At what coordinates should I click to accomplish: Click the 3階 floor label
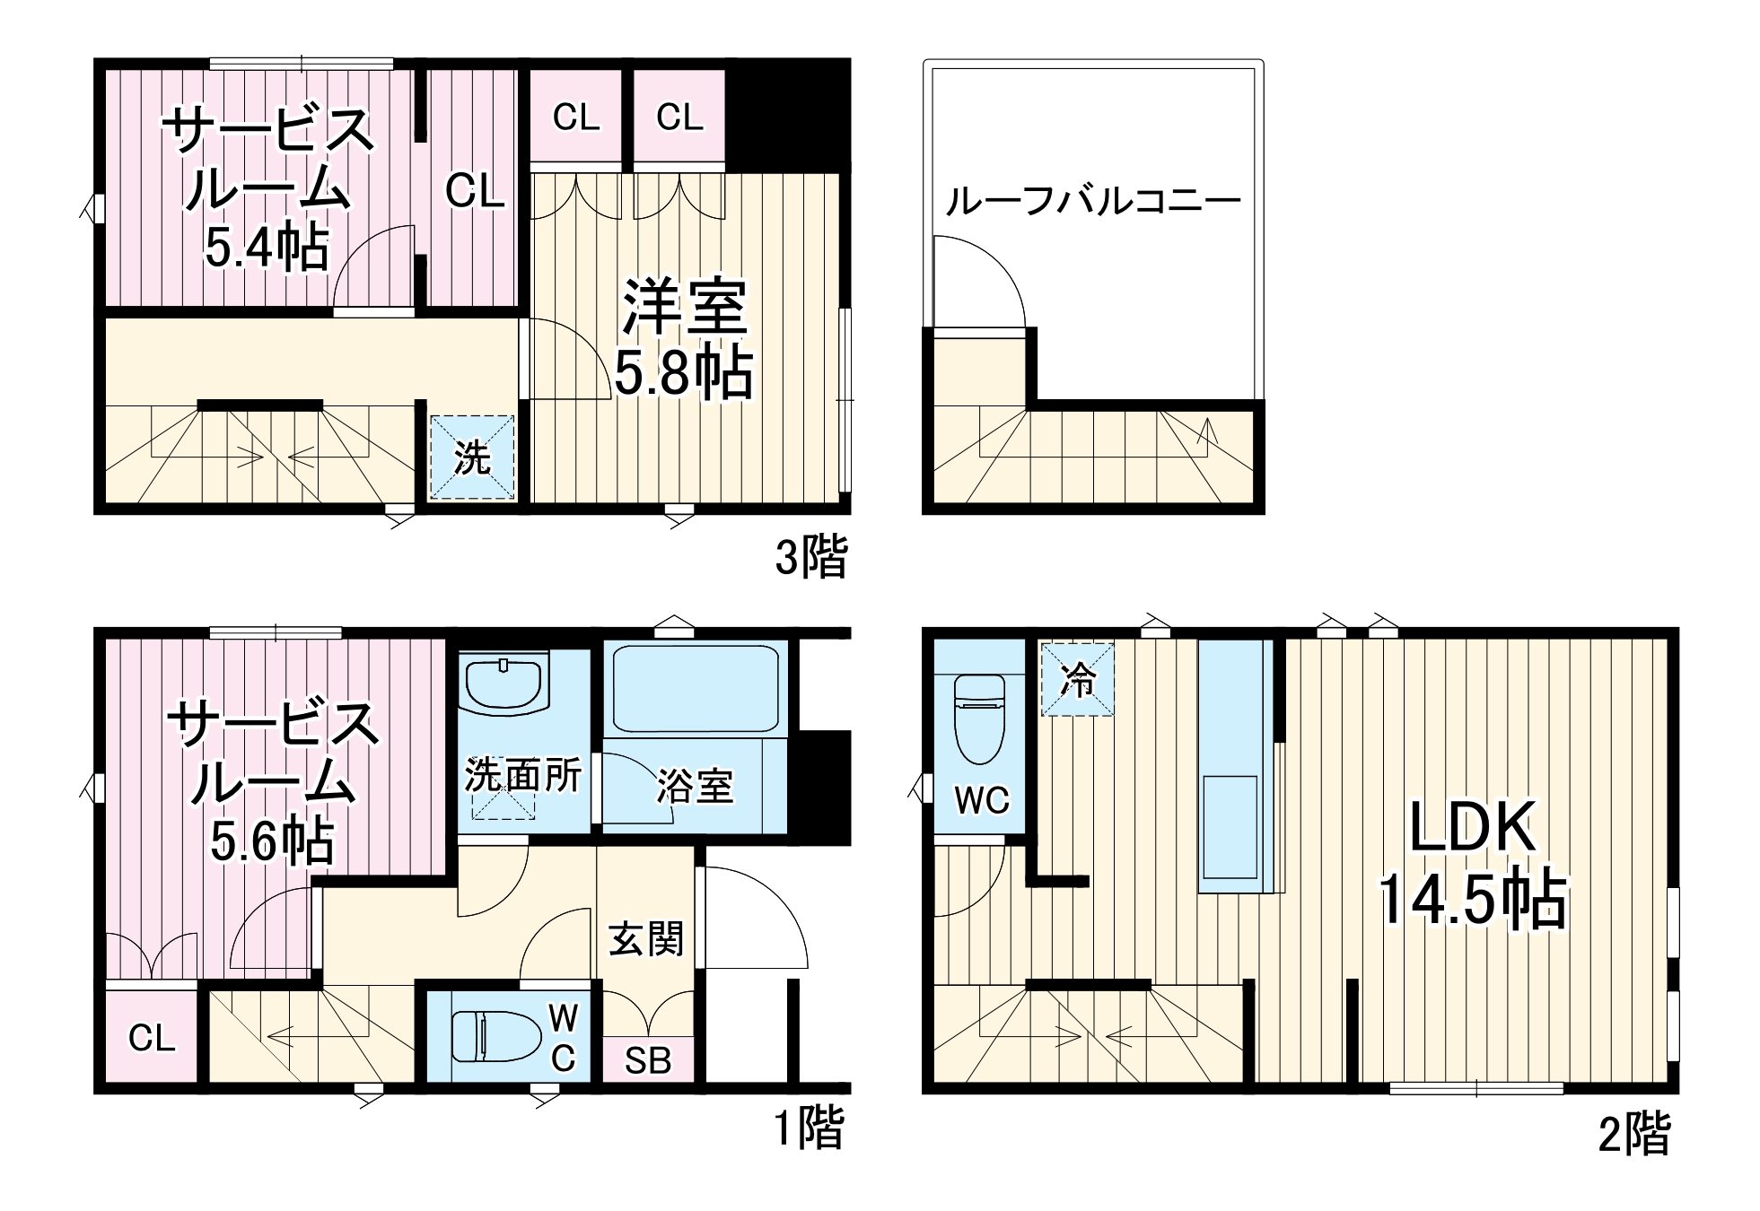click(810, 556)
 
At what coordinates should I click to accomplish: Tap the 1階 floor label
click(809, 1128)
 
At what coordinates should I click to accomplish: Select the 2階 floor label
click(1633, 1133)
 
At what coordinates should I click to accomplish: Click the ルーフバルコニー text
click(1092, 201)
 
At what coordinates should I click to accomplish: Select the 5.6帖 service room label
click(272, 782)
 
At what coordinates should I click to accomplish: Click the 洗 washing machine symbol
click(472, 457)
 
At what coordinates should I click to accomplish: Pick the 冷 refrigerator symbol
click(1077, 679)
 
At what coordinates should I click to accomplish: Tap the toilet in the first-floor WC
click(495, 1036)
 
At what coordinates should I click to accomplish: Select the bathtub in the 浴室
click(695, 688)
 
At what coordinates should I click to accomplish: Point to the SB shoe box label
click(647, 1061)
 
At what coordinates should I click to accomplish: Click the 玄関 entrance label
click(645, 939)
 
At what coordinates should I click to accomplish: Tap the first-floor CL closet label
click(152, 1038)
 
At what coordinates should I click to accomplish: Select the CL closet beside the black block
click(679, 117)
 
